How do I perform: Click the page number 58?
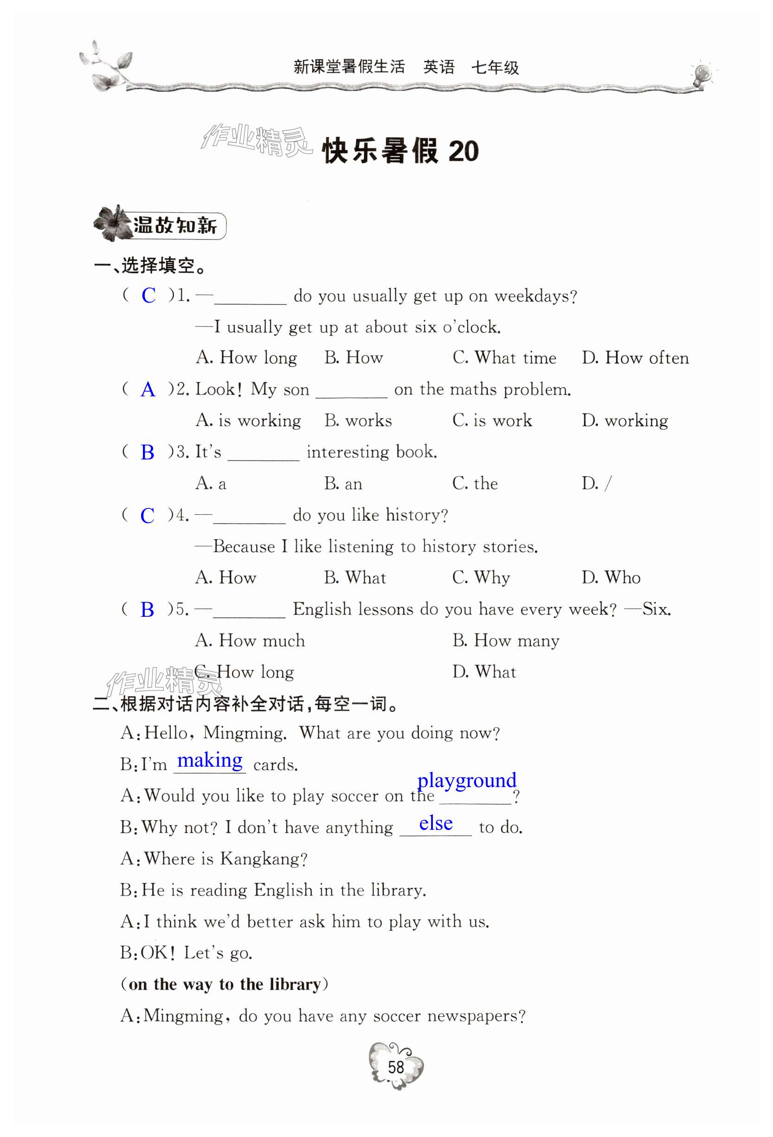(x=395, y=1067)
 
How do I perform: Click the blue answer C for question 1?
(x=148, y=296)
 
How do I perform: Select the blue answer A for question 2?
(x=148, y=390)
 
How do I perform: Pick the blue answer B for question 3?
(x=147, y=452)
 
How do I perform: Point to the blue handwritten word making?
(x=210, y=761)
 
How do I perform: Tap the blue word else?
(x=435, y=823)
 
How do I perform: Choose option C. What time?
(x=504, y=358)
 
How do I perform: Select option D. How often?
(x=635, y=358)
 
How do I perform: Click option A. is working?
(x=248, y=421)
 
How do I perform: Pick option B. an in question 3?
(x=343, y=484)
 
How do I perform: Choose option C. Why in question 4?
(x=481, y=578)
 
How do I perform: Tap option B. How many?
(x=506, y=640)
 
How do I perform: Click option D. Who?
(x=611, y=578)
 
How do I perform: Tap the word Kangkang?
(x=263, y=859)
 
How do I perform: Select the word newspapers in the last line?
(x=476, y=1016)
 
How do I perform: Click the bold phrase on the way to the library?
(x=224, y=984)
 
